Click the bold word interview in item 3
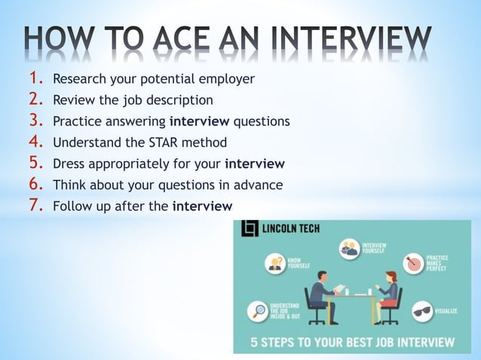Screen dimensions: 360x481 (x=200, y=121)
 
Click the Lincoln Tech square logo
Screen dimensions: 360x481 (x=250, y=228)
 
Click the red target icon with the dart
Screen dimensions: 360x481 (x=413, y=262)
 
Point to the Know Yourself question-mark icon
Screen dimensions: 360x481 (x=275, y=263)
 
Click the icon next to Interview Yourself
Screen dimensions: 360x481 (x=348, y=249)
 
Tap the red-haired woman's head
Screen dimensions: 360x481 (x=391, y=278)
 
